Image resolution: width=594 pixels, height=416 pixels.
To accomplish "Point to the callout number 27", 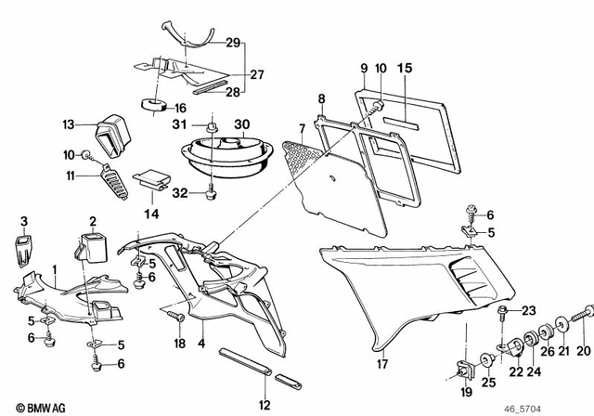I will (x=254, y=74).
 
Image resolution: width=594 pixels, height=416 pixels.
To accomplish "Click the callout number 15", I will (x=404, y=68).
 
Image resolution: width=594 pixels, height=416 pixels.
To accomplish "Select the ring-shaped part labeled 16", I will (x=149, y=103).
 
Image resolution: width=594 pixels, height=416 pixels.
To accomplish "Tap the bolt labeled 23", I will (x=504, y=311).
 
